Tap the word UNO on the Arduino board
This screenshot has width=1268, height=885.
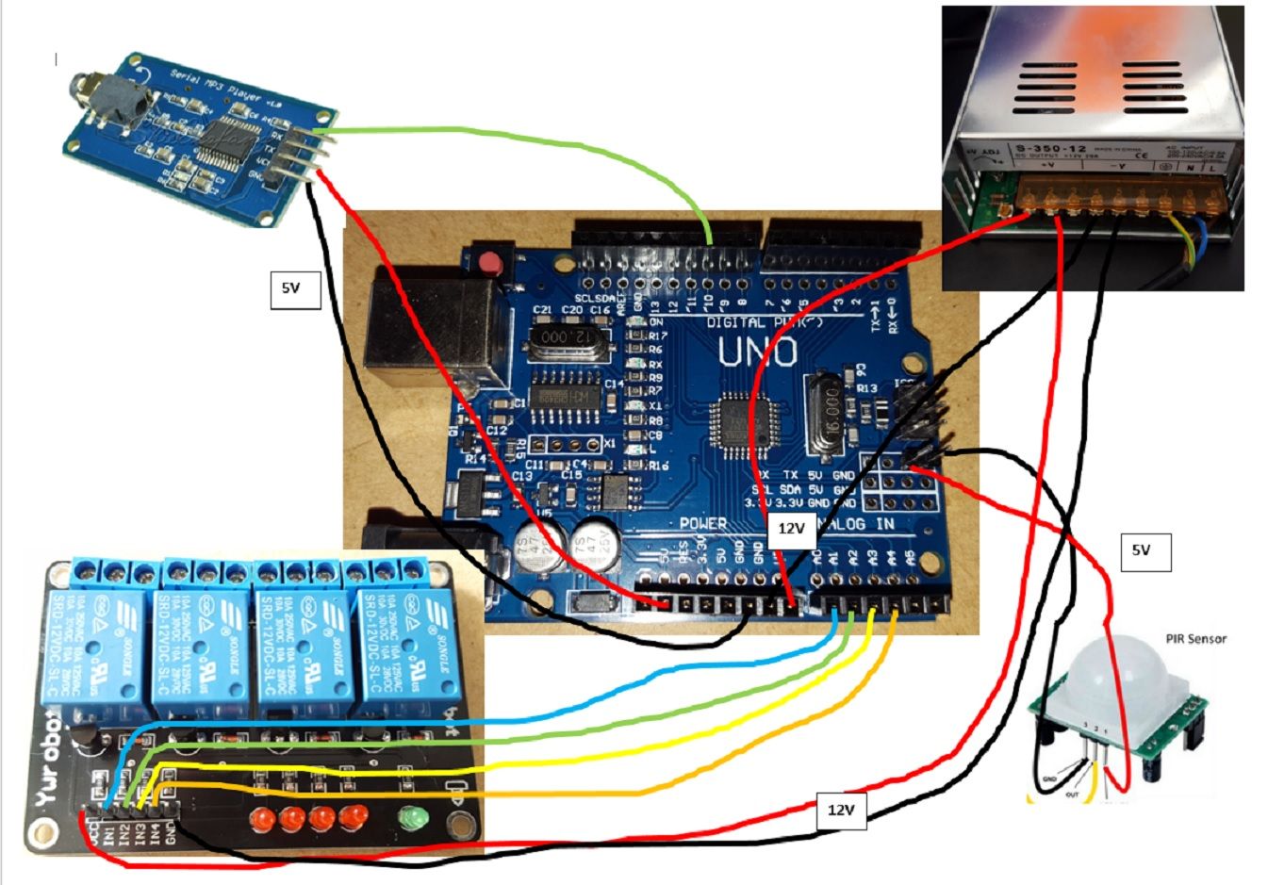click(759, 353)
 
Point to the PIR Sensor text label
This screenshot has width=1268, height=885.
click(1196, 639)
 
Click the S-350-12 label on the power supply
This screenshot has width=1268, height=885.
click(1037, 148)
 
